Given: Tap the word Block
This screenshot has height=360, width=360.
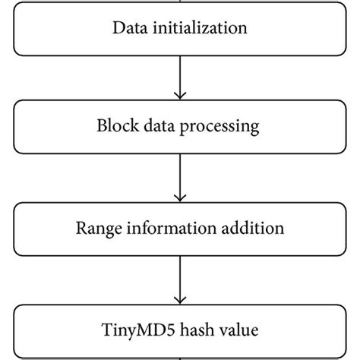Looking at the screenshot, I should pos(114,126).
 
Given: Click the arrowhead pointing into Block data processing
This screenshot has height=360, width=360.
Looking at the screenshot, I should pos(179,94).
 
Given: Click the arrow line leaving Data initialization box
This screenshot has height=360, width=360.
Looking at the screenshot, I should pos(179,72).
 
